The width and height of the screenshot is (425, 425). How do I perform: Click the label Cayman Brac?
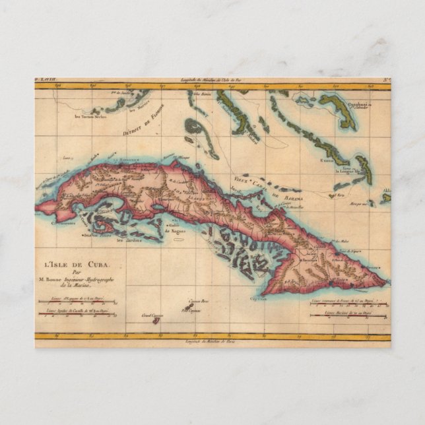(x=194, y=301)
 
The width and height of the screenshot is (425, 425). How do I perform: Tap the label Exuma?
(x=325, y=159)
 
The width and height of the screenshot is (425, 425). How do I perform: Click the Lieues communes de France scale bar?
(x=349, y=304)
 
